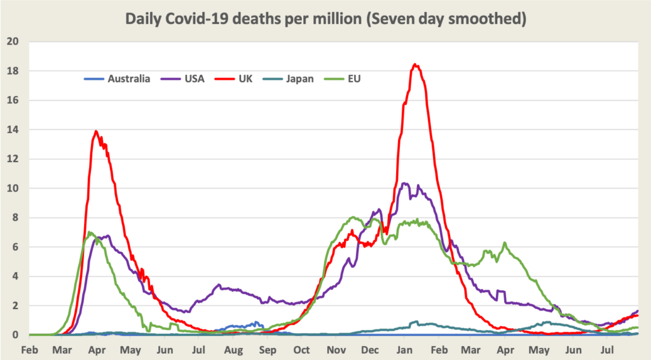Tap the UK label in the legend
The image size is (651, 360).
pos(245,79)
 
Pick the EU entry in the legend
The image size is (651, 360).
pos(354,79)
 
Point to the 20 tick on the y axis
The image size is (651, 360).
pos(13,42)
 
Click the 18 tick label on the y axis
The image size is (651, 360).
pos(13,71)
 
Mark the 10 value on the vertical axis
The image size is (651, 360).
pos(13,189)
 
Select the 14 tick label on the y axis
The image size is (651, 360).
pos(13,130)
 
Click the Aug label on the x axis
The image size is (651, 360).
pos(233,350)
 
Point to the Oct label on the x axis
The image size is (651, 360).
pos(302,350)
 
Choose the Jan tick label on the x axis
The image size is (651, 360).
pos(404,350)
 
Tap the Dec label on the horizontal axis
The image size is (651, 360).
pos(371,350)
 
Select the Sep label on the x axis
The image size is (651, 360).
pos(268,350)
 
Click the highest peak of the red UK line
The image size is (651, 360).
pos(415,64)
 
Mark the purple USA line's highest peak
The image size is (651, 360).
pos(404,184)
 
